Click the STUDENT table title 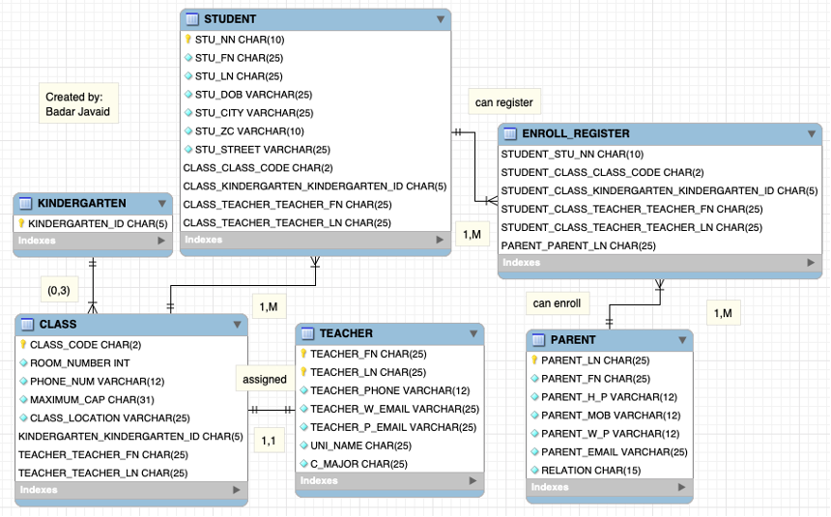point(230,19)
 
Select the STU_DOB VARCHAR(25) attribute point(253,95)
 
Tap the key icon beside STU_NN point(188,40)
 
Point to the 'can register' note point(503,102)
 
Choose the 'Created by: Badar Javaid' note point(78,104)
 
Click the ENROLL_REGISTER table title point(576,133)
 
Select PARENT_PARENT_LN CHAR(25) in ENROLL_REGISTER point(578,245)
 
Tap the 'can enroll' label point(557,303)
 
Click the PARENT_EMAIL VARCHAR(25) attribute point(614,452)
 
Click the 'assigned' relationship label point(264,380)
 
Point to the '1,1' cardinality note point(268,441)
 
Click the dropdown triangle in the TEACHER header point(473,333)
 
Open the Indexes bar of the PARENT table point(609,488)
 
